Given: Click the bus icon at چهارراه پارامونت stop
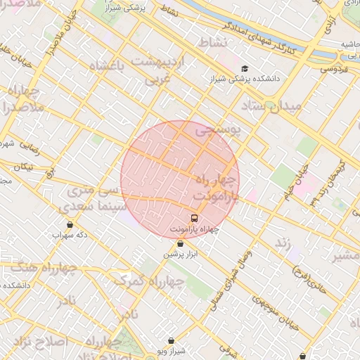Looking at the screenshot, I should [x=194, y=218].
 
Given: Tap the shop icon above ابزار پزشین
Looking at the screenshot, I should [x=180, y=243].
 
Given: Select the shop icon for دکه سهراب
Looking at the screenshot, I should [x=70, y=224].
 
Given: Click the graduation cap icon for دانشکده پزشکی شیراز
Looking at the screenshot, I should [x=245, y=68].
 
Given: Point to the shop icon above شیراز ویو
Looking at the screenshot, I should [x=171, y=340].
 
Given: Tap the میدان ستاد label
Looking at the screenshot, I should [x=271, y=106].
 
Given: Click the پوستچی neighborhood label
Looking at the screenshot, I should [x=217, y=130].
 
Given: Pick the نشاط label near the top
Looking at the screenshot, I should [x=213, y=43].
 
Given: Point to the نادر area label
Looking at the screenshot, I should [x=67, y=301].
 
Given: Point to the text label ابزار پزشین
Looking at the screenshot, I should [x=181, y=254].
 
